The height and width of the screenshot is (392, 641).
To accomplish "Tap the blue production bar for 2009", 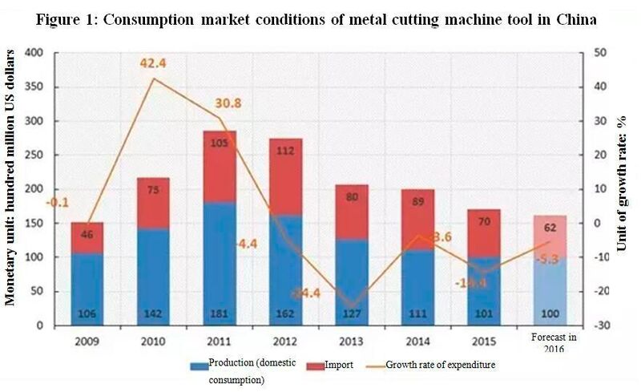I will click(87, 289).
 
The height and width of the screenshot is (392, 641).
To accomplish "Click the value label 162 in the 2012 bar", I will click(286, 314).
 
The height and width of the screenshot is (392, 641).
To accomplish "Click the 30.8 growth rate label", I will click(228, 103).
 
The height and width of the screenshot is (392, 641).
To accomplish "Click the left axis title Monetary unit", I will click(12, 188).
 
